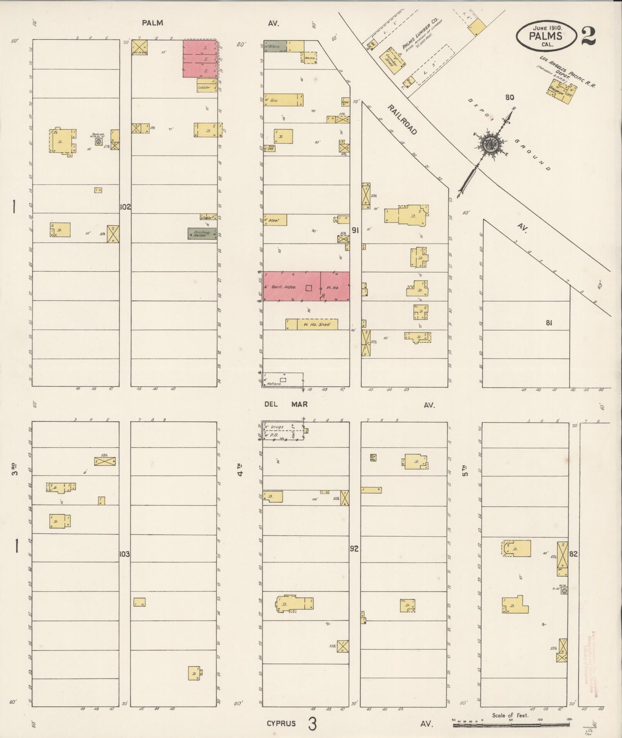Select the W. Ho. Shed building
(x=312, y=324)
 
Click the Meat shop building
(x=275, y=220)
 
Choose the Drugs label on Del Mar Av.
(x=277, y=427)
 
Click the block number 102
(x=125, y=207)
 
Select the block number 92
(x=354, y=549)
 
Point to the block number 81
(x=549, y=323)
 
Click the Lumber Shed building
(x=393, y=58)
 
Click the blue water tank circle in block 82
(x=565, y=591)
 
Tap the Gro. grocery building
(x=283, y=100)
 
